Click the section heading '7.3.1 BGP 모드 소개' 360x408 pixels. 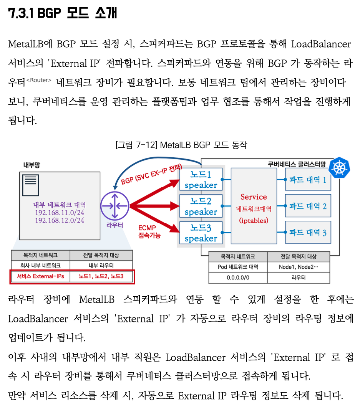coord(63,13)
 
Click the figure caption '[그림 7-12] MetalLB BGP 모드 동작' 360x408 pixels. coord(181,145)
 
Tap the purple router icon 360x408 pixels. coord(115,206)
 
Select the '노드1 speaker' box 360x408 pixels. coord(201,179)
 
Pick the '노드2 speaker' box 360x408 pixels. coord(201,206)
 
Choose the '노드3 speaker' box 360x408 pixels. coord(201,233)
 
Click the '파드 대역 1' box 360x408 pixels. coord(308,179)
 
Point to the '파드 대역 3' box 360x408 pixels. coord(308,232)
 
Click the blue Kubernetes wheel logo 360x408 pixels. coord(339,168)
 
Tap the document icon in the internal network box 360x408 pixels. coord(31,185)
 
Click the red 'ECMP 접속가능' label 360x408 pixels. coord(149,231)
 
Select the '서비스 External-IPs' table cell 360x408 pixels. coord(40,276)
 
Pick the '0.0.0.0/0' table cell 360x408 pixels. coord(238,278)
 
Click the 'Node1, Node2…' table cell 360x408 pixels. coord(299,267)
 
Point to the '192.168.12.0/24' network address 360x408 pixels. coord(60,220)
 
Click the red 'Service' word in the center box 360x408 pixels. coord(254,197)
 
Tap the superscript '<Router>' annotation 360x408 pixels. coord(39,80)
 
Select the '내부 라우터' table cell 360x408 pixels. coord(101,265)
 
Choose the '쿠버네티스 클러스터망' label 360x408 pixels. coord(297,164)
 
